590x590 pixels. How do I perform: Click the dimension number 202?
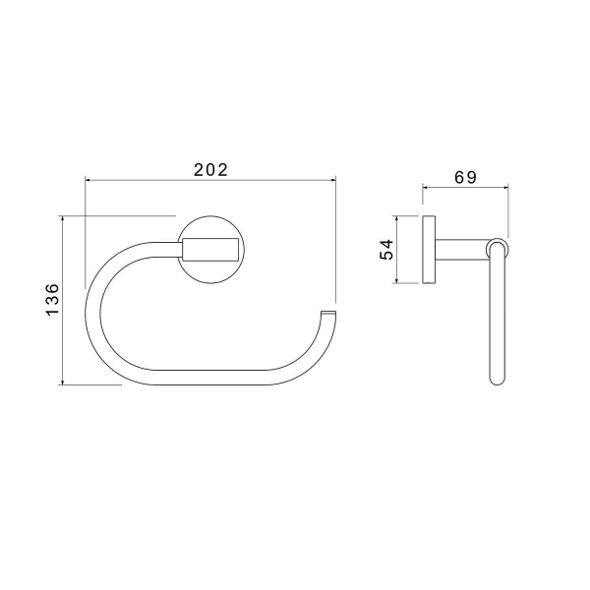[210, 170]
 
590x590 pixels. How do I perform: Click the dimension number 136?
[53, 300]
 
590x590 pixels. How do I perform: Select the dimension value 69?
[465, 177]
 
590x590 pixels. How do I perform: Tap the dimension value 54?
[386, 250]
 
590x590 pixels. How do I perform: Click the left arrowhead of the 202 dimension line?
[88, 180]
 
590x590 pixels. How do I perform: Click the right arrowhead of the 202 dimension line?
[333, 180]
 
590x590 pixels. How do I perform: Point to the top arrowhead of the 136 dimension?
[63, 219]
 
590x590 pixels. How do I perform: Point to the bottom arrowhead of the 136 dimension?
[63, 382]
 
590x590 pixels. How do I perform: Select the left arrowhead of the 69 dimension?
[425, 187]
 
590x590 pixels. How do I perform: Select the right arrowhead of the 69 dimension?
[505, 187]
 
